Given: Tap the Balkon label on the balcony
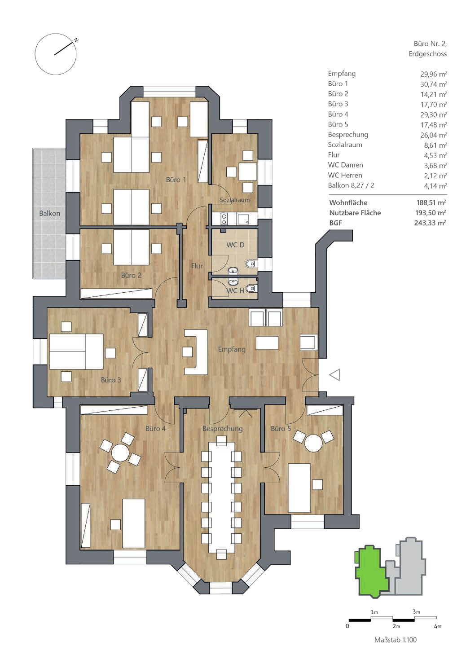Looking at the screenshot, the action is [50, 213].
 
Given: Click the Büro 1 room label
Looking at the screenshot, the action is [176, 180].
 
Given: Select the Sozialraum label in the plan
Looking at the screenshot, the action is [235, 200].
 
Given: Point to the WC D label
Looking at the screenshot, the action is [235, 245].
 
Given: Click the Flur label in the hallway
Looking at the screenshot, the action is [197, 266].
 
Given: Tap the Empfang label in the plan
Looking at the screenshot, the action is [232, 349].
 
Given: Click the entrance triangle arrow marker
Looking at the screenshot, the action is [335, 375].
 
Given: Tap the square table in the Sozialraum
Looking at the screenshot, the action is [248, 172].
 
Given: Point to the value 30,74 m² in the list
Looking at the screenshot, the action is [434, 84].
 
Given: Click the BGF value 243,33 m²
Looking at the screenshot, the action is [430, 223].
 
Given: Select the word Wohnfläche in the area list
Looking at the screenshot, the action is [348, 202].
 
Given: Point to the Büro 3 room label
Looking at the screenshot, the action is [111, 380].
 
